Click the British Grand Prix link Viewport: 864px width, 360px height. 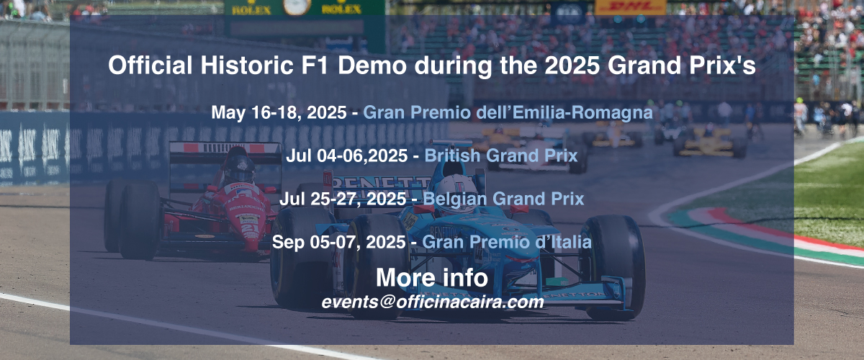coord(501,156)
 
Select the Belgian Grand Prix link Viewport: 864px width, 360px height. coord(503,199)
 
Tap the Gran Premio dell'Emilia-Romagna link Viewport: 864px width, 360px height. coord(508,112)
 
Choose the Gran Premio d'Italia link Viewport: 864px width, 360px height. coord(507,243)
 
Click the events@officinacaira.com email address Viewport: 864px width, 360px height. coord(433,302)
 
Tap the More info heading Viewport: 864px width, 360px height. coord(432,277)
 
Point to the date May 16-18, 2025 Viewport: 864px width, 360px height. coord(279,112)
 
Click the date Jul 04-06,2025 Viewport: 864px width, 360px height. coord(347,156)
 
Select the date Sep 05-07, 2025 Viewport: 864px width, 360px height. coord(338,243)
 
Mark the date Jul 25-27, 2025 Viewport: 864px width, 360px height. coord(343,199)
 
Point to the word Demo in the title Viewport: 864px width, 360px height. coord(372,66)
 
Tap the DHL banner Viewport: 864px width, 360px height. coord(630,7)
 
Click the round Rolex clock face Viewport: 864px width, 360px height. coord(297,6)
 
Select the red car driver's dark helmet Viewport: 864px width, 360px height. coord(240,168)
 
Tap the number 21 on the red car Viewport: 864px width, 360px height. coord(250,228)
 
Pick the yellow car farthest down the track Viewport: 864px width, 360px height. coord(710,142)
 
